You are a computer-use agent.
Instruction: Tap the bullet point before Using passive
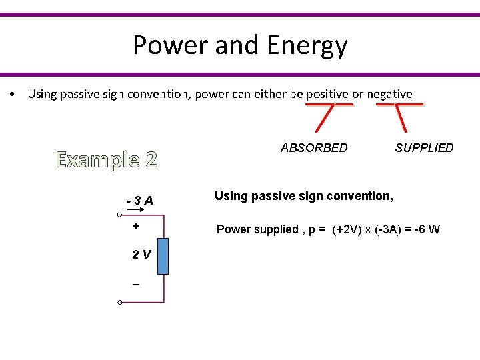[13, 94]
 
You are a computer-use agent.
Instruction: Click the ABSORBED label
[314, 147]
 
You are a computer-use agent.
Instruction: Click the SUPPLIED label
[424, 147]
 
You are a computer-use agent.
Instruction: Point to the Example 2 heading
[107, 160]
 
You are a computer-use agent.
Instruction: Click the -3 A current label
[140, 201]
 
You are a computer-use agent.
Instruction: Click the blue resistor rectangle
[163, 255]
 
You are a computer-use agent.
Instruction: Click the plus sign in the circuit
[136, 226]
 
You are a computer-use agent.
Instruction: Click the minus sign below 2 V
[136, 285]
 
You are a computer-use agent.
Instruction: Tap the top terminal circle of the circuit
[119, 215]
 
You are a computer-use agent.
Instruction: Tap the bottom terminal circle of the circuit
[119, 303]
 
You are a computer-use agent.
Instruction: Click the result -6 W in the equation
[425, 229]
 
